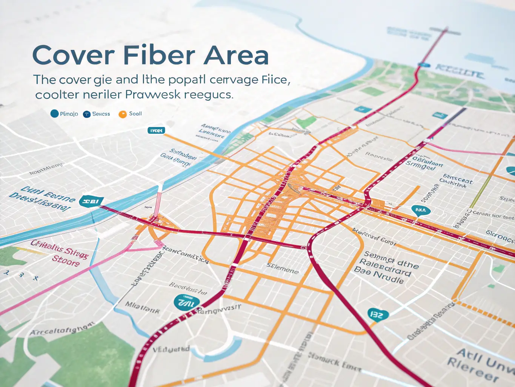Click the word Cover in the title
(x=74, y=55)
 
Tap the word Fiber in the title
(x=159, y=55)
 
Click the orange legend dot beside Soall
(x=123, y=114)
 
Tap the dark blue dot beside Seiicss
(x=87, y=114)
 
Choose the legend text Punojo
(x=69, y=114)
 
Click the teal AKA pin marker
(x=420, y=211)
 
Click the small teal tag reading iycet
(x=156, y=130)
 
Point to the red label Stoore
(x=66, y=260)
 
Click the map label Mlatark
(x=142, y=308)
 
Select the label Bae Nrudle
(x=378, y=275)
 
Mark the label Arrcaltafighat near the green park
(x=61, y=329)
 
